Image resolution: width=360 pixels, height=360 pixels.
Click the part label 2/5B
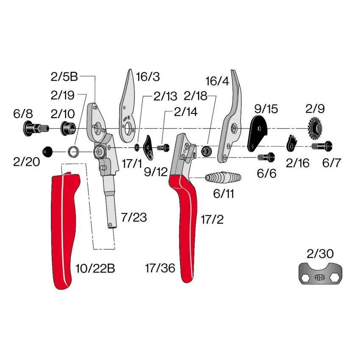point(64,77)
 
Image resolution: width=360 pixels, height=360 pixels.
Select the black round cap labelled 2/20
point(47,152)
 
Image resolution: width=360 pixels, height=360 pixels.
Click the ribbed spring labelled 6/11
point(223,177)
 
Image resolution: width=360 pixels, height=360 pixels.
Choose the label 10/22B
point(95,268)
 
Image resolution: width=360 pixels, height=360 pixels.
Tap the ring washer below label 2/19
point(73,152)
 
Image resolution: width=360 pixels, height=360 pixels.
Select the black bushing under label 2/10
point(68,129)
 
